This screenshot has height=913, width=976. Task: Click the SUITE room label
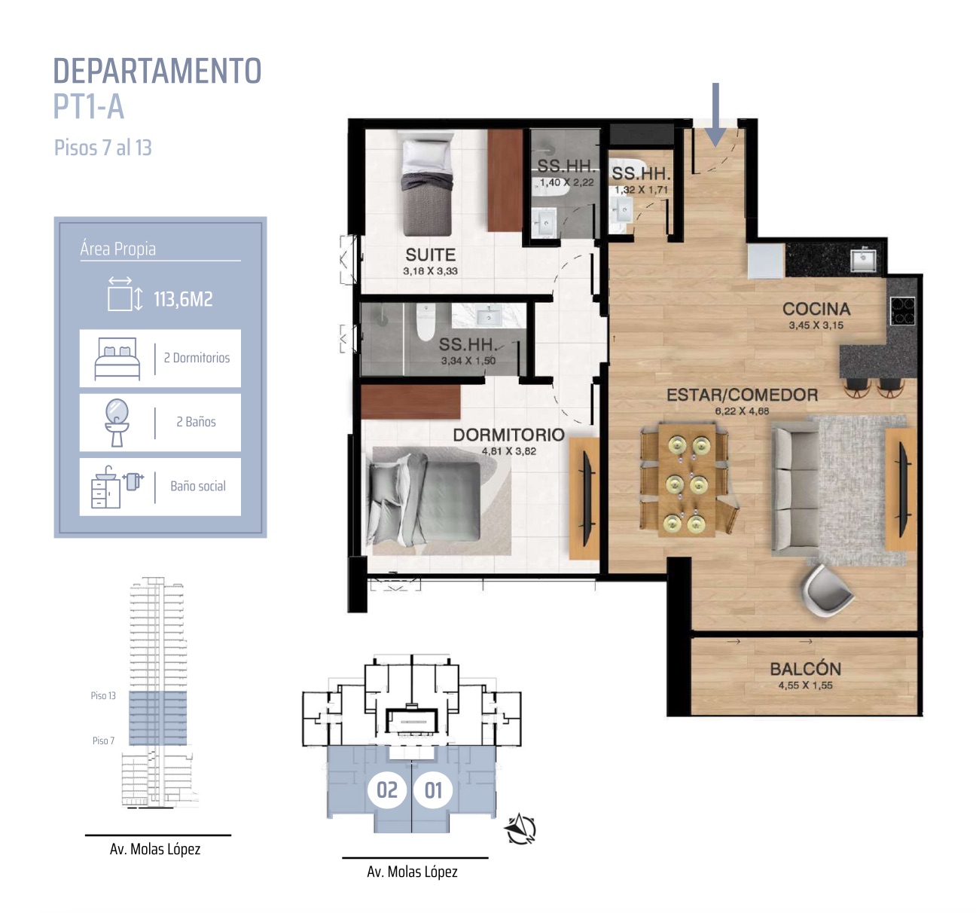(430, 255)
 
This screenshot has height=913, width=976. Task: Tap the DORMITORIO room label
(508, 435)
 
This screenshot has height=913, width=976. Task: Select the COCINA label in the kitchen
(816, 309)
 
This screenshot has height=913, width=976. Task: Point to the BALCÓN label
(805, 669)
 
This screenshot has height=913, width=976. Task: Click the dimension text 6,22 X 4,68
(742, 411)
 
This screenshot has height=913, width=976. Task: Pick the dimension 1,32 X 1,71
(641, 190)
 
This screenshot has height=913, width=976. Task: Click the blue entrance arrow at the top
(715, 115)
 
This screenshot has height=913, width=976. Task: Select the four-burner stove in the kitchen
(902, 311)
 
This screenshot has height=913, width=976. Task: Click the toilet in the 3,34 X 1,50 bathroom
(425, 322)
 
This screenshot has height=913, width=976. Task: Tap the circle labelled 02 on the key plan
(387, 790)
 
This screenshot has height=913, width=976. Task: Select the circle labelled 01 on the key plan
(433, 790)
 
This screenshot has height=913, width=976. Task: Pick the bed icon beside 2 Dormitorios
(117, 359)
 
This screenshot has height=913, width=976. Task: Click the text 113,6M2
(183, 299)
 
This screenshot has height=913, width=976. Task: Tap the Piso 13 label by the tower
(103, 696)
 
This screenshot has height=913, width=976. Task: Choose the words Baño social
(198, 486)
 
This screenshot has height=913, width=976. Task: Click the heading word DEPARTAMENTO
(157, 71)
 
